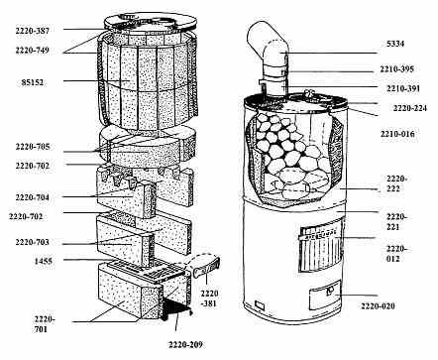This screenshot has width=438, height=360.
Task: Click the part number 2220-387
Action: point(32,31)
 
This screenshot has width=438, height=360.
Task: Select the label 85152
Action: point(33,82)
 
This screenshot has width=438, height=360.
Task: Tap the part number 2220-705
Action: point(33,147)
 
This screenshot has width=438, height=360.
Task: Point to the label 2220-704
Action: point(32,197)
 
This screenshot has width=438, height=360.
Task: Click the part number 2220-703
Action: point(32,242)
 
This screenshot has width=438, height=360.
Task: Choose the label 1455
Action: point(44,261)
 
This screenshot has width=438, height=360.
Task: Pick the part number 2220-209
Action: point(185,344)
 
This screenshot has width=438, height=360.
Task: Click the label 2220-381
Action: point(209,299)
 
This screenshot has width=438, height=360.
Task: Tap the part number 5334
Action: point(395,44)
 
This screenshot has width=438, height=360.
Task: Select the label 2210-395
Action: point(396,69)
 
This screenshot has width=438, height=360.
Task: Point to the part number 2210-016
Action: point(397,134)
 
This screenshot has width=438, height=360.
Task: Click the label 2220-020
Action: point(378,306)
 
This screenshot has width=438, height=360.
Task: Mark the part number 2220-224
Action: point(410,108)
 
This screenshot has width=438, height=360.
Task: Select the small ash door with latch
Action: point(324,295)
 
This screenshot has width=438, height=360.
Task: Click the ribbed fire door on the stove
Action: point(320,249)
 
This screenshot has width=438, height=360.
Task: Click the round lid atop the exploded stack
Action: point(151,24)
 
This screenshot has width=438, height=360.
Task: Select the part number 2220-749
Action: point(32,51)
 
